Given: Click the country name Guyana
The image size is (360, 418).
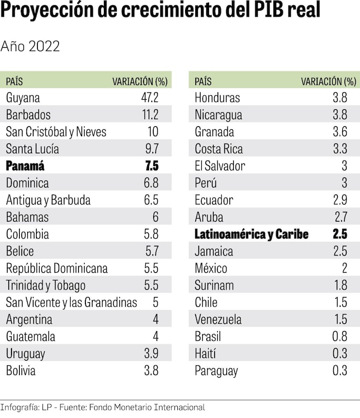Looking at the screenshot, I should click(x=23, y=98).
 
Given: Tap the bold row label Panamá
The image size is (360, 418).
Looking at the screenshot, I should click(x=25, y=166).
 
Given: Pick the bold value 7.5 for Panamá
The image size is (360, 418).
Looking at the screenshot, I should click(x=152, y=166).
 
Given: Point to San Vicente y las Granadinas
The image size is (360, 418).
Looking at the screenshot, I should click(x=72, y=303).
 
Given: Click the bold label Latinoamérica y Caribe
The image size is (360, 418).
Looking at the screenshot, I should click(x=252, y=234).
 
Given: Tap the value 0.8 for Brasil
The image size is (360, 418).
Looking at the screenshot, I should click(x=340, y=336).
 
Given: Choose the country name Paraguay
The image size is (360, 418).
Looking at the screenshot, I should click(x=216, y=370).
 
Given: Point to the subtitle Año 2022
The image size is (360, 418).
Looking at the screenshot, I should click(x=30, y=47).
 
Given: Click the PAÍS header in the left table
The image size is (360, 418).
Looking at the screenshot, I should click(x=14, y=82).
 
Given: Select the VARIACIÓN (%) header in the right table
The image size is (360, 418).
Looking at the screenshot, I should click(x=328, y=82).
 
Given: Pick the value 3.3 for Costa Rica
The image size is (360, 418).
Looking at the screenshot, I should click(x=340, y=149).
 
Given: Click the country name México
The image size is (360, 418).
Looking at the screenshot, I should click(x=211, y=268).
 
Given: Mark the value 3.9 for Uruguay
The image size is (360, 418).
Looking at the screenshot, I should click(x=151, y=354).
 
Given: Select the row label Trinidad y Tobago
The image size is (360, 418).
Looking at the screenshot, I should click(x=46, y=285).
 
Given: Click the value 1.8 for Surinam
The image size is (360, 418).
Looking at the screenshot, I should click(x=340, y=285).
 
